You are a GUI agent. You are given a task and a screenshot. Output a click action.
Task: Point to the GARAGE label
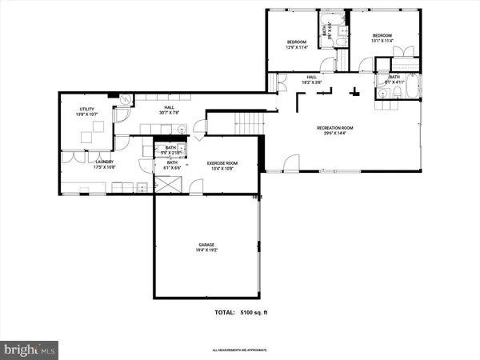tap(207, 245)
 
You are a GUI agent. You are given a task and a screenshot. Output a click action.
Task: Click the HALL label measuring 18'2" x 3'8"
tap(312, 78)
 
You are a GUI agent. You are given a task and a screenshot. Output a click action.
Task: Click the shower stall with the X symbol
tap(168, 183)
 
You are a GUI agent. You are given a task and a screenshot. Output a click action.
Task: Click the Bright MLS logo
tap(30, 350)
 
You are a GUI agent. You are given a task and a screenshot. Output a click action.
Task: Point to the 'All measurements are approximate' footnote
tap(240, 350)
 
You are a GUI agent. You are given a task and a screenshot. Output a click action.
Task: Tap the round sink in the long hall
tap(182, 128)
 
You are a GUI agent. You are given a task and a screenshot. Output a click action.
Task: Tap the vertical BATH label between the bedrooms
tap(329, 30)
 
